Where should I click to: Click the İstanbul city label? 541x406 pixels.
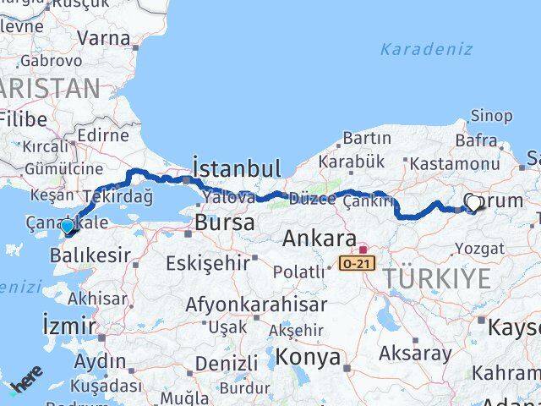pyautogui.click(x=236, y=167)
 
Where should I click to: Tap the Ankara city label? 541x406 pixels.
pyautogui.click(x=319, y=239)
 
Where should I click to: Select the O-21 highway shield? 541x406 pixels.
pyautogui.click(x=355, y=264)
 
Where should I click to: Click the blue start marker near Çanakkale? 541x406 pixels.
pyautogui.click(x=68, y=227)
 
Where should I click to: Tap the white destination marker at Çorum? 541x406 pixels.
pyautogui.click(x=473, y=203)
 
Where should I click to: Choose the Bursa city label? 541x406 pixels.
pyautogui.click(x=224, y=222)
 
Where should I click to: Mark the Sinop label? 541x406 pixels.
pyautogui.click(x=490, y=115)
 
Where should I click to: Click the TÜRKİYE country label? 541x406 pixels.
pyautogui.click(x=435, y=278)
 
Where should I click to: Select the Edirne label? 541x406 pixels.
pyautogui.click(x=101, y=135)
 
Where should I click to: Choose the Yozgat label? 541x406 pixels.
pyautogui.click(x=479, y=248)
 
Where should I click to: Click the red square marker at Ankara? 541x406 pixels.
pyautogui.click(x=363, y=250)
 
